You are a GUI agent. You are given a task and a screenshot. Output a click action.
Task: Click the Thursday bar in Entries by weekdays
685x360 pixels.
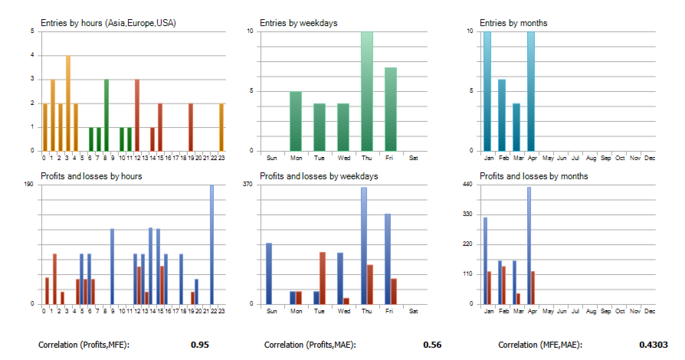pos(367,92)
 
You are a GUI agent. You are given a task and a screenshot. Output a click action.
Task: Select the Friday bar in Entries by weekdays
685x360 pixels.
pos(391,110)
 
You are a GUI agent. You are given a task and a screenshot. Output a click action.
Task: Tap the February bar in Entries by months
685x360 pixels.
pos(502,115)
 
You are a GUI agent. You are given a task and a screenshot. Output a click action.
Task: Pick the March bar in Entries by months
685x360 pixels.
pos(516,127)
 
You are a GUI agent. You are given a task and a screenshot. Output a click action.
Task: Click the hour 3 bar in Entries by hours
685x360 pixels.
pos(67,103)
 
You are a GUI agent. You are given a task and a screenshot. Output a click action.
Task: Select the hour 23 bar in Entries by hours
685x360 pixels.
pos(221,127)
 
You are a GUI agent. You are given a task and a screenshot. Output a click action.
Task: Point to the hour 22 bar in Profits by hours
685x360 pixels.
pos(211,244)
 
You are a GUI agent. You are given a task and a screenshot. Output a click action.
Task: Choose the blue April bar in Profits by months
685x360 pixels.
pos(529,245)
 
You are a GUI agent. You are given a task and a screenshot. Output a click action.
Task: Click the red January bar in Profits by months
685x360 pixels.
pos(489,287)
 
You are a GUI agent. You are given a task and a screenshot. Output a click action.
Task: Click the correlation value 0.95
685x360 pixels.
pos(199,345)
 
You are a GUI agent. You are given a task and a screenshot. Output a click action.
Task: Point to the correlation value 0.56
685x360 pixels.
pos(431,345)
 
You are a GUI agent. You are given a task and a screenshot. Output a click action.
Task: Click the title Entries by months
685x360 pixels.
pos(513,23)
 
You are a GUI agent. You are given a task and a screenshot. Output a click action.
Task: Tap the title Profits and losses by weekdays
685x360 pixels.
pos(319,176)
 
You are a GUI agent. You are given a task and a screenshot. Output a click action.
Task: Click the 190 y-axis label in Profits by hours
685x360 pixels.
pos(30,185)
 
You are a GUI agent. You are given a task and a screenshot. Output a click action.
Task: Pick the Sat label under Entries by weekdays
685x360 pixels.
pos(414,159)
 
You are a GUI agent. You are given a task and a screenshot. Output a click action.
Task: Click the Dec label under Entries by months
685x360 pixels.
pos(650,159)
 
